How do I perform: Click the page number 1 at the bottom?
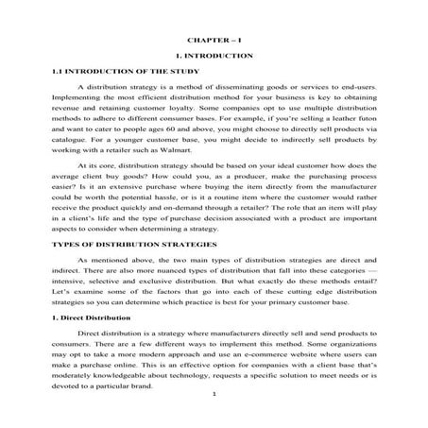[215, 418]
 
